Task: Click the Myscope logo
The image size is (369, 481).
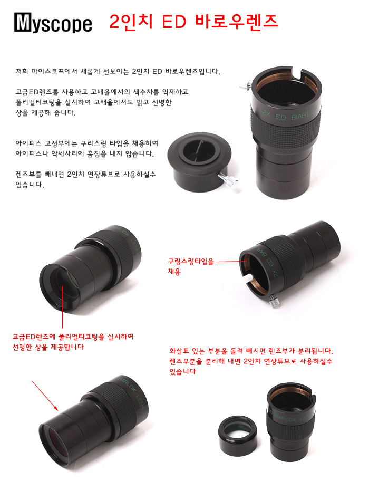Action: pos(53,22)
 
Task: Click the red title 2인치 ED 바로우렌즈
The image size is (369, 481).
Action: pos(193,22)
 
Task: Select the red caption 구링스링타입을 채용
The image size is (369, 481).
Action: pos(191,266)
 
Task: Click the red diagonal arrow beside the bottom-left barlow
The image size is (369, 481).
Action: pos(45,396)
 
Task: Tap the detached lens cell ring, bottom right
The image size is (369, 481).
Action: pos(238,436)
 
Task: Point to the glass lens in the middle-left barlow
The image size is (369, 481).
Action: pos(66,281)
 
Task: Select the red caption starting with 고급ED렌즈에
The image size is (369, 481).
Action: pos(73,342)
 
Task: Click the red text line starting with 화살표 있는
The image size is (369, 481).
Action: pos(251,351)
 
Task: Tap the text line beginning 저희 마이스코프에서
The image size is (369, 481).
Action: pos(118,72)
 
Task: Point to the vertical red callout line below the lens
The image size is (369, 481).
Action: pos(63,307)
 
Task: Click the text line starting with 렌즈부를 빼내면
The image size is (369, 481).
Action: pos(85,174)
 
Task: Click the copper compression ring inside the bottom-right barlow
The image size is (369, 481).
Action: pos(290,390)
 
